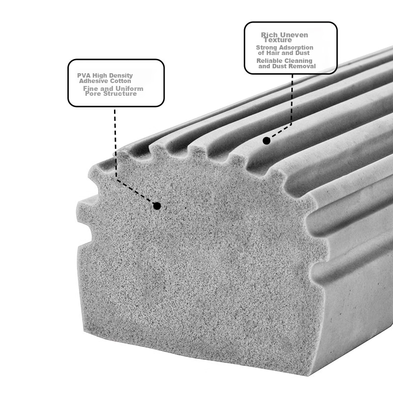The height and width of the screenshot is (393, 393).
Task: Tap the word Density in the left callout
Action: [x=123, y=76]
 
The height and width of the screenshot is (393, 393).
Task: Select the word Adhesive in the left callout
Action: [x=91, y=81]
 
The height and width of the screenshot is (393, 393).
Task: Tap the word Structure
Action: [x=120, y=94]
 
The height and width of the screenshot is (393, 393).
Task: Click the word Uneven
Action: [x=294, y=35]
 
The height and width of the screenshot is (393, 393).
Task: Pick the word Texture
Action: [x=278, y=40]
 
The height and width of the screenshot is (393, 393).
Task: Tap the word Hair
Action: [x=274, y=53]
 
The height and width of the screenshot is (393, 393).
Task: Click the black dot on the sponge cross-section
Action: [x=157, y=206]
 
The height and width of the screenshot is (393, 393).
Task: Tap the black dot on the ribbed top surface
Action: [x=266, y=140]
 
